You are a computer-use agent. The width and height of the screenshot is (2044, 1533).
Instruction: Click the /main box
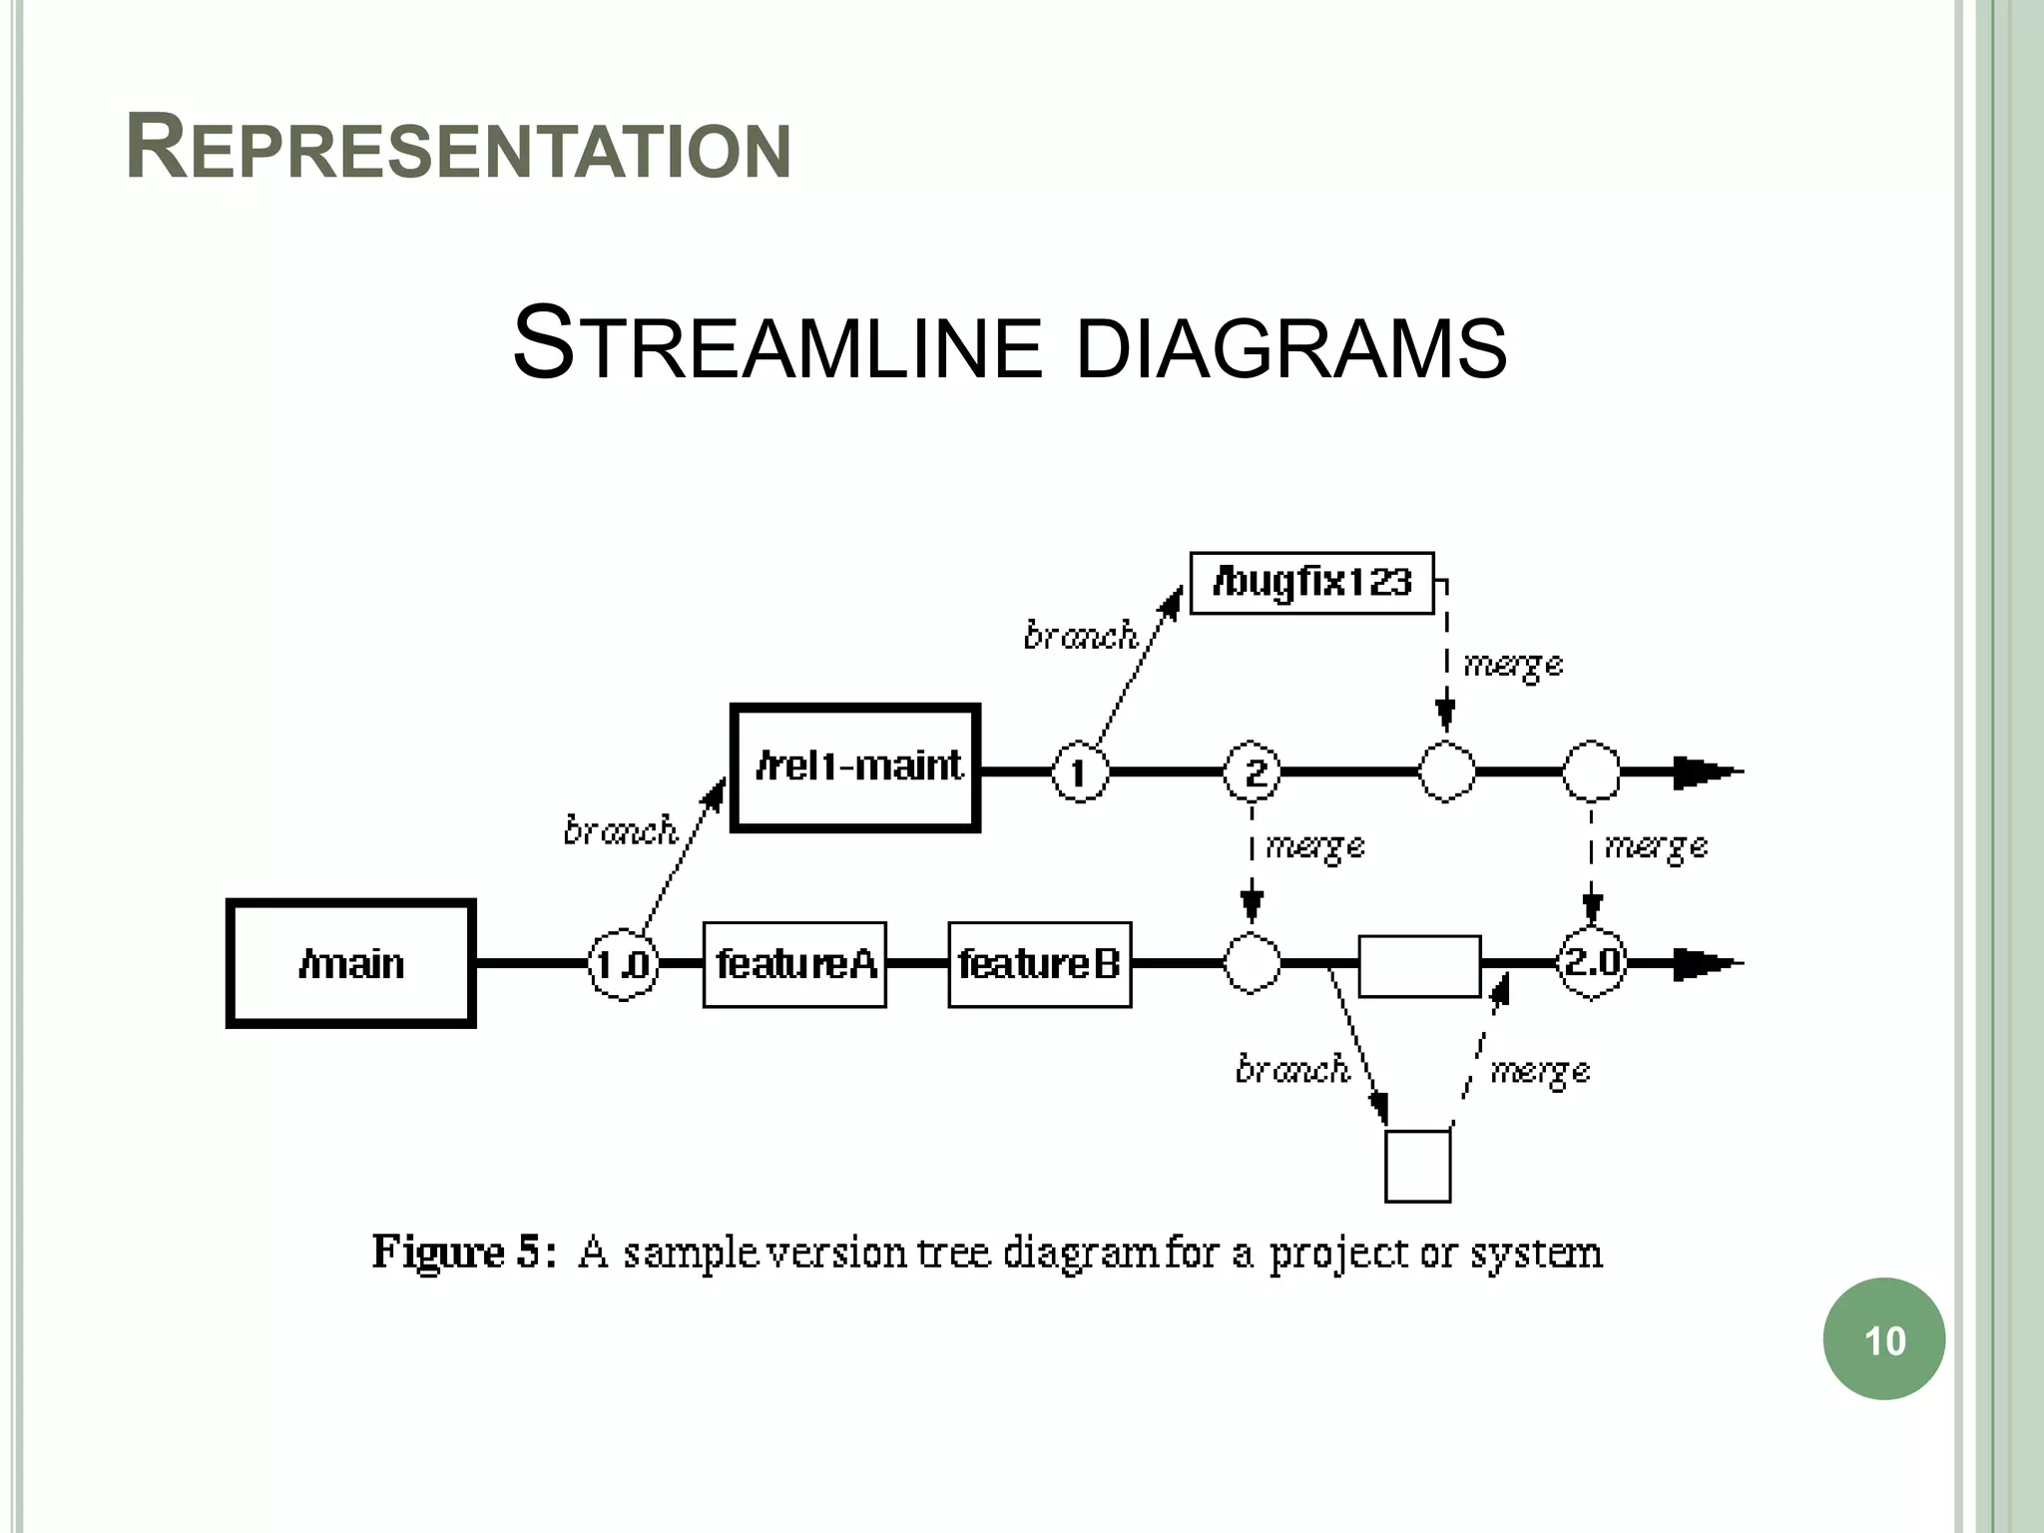350,963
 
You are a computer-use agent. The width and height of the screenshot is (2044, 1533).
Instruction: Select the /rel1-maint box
855,767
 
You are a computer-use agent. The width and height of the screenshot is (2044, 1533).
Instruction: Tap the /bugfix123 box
1311,583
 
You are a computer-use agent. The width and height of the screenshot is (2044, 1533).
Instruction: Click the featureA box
794,964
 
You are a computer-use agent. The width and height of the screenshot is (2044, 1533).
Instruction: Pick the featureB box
1039,964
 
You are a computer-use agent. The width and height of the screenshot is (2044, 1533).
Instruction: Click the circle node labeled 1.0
623,965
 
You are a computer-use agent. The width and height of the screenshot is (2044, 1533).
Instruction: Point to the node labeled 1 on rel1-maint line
1079,771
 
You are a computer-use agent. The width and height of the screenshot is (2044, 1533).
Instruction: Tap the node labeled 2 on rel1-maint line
1253,771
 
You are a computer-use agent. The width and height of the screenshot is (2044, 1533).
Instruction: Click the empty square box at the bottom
1417,1166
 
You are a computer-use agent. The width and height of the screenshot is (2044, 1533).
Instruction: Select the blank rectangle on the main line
1419,966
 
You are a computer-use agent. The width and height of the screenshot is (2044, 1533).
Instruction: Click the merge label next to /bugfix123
1512,665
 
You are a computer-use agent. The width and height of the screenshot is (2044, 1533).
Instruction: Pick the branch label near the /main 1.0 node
620,830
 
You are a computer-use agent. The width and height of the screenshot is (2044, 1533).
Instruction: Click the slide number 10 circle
1883,1339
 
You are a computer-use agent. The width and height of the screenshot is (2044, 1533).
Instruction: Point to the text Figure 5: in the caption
463,1252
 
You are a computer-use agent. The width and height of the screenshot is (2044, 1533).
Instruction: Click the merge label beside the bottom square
1539,1072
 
